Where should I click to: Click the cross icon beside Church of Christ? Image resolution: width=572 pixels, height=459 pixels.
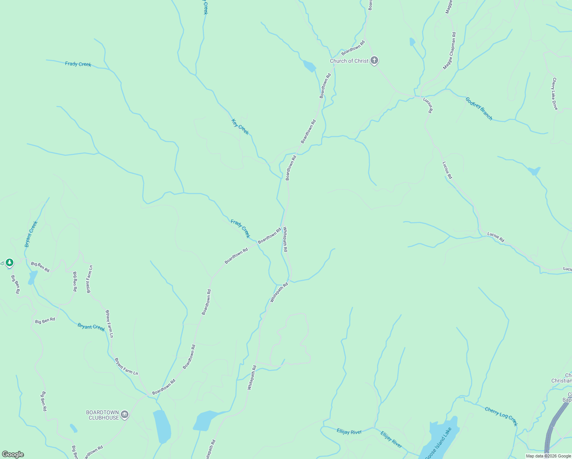point(374,60)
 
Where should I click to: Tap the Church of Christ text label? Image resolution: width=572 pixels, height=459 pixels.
point(349,61)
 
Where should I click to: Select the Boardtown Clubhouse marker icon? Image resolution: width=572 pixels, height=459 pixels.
point(125,415)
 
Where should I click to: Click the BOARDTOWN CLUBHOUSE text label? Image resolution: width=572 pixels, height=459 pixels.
point(102,415)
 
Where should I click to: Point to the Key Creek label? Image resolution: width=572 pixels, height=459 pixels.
point(240,127)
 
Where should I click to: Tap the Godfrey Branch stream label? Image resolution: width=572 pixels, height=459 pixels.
point(479,109)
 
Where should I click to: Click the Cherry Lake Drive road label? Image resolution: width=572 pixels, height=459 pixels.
point(555,94)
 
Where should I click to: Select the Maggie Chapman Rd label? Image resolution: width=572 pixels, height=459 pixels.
point(449,51)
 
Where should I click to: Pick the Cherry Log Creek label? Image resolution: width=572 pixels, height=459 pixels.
point(501,416)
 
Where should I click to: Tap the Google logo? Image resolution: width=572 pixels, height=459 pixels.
point(13,454)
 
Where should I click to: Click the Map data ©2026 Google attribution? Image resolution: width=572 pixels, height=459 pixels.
point(548,456)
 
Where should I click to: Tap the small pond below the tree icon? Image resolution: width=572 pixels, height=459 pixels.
point(32,277)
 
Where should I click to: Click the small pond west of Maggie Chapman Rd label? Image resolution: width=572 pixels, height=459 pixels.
point(412,42)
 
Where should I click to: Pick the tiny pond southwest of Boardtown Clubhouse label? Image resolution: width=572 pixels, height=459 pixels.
point(73,428)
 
